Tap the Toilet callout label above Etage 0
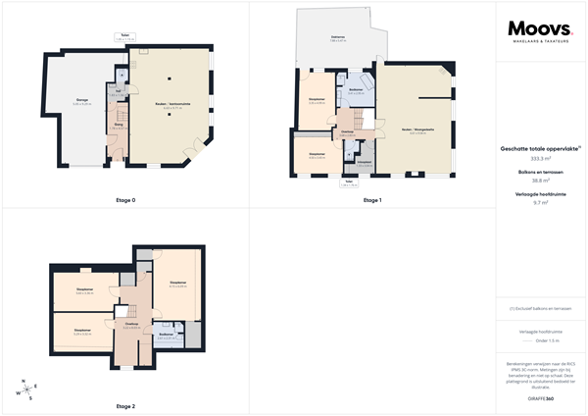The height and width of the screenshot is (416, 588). (125, 35)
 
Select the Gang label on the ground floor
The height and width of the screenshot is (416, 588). (119, 126)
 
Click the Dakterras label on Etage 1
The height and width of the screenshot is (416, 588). (336, 36)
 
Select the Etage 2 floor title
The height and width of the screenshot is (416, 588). (125, 405)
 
